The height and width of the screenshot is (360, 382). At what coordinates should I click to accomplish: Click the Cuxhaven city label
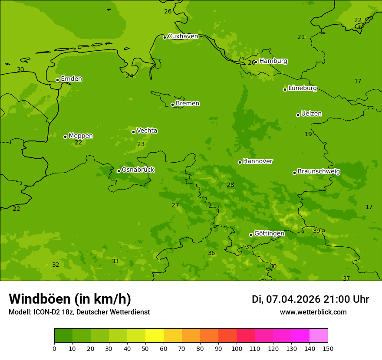pos(183,36)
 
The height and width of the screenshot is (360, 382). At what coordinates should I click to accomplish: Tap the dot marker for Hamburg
pos(256,62)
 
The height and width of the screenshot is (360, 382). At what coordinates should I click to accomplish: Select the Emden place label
pos(71,79)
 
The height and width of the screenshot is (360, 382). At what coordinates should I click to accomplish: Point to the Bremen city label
pos(188,104)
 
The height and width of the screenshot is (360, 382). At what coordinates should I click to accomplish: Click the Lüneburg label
pos(303,88)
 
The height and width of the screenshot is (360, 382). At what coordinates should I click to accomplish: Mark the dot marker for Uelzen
pos(298,115)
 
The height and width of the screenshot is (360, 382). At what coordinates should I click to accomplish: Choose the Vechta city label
pos(147,131)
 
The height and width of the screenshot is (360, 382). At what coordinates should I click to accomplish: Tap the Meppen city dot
pos(65,137)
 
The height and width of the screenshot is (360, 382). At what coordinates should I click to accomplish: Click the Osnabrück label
pos(138,170)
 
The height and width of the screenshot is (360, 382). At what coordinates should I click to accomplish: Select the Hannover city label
pos(258,161)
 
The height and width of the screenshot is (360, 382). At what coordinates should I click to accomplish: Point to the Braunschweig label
pos(319,172)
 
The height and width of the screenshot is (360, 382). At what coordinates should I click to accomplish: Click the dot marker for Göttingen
pos(251,235)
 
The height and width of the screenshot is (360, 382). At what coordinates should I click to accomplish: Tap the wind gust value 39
pos(316,231)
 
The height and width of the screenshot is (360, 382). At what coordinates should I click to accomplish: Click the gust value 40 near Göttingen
pos(273,267)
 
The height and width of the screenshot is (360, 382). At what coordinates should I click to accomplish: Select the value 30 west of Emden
pos(20,70)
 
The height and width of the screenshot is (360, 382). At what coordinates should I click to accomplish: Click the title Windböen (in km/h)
pos(70,299)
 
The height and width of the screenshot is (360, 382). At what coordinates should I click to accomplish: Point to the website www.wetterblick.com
pos(313,312)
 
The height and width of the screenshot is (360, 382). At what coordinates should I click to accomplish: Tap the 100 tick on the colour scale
pos(237,348)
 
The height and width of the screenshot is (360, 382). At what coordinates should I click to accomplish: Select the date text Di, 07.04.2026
pos(286,299)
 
